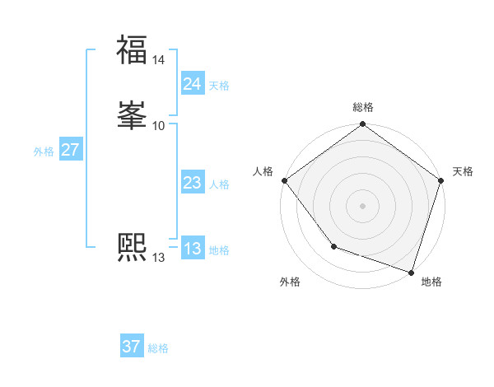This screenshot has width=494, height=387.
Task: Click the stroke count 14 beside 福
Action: (159, 60)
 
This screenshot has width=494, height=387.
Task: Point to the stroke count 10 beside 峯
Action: (159, 125)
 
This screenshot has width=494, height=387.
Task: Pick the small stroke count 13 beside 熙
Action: (158, 258)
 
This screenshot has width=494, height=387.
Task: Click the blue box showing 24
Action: (193, 84)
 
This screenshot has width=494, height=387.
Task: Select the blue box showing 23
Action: (193, 184)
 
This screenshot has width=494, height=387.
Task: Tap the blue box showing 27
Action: (70, 151)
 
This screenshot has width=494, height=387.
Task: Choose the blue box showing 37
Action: (132, 347)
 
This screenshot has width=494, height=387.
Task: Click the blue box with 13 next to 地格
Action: (193, 249)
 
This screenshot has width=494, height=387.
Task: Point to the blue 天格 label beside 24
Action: (219, 86)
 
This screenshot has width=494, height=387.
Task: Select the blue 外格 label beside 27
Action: (44, 152)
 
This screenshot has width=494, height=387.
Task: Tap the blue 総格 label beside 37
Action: (158, 348)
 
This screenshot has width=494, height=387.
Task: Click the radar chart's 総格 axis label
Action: (363, 107)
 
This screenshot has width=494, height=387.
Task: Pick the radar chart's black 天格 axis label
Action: (463, 171)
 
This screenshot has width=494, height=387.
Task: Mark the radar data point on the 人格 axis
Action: (284, 180)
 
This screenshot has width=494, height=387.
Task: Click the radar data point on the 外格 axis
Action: (333, 246)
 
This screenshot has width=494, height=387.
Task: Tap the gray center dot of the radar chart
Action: (363, 206)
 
